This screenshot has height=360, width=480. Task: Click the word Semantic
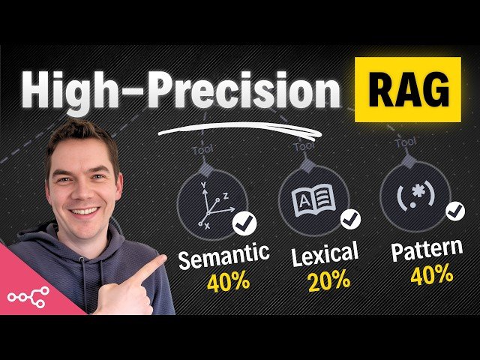223,256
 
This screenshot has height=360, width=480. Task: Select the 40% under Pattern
431,275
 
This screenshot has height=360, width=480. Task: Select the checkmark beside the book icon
350,218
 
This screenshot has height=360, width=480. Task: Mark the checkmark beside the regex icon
454,211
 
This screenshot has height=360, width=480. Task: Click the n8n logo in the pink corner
28,295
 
